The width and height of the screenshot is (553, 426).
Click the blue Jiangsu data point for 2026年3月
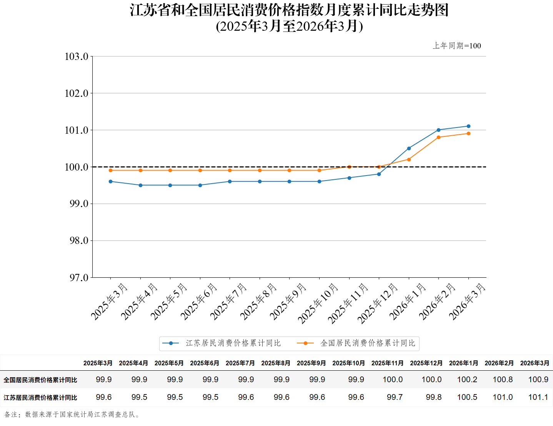tap(468, 126)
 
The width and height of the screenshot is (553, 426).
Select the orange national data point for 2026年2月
tap(438, 137)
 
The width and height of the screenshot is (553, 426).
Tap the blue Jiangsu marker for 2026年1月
tap(409, 148)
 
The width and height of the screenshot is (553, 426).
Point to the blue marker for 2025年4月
tap(140, 185)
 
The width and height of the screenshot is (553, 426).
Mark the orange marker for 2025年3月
tap(111, 170)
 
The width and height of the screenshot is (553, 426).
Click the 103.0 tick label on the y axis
tap(77, 56)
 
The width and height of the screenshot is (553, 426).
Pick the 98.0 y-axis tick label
tap(79, 240)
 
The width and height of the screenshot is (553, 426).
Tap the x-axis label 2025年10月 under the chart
tap(318, 303)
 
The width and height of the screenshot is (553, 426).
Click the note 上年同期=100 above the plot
tap(457, 46)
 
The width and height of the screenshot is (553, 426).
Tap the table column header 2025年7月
tap(240, 363)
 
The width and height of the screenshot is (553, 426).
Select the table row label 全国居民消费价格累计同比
tap(40, 380)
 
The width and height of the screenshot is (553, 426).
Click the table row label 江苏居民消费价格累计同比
tap(40, 398)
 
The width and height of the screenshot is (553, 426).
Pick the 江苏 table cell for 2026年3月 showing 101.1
tap(538, 397)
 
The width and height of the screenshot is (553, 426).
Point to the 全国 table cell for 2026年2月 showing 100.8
tap(503, 380)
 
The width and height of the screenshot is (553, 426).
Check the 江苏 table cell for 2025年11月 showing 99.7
tap(395, 397)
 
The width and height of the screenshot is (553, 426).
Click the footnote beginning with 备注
tap(72, 414)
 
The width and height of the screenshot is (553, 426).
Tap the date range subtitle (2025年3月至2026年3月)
tap(289, 26)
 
